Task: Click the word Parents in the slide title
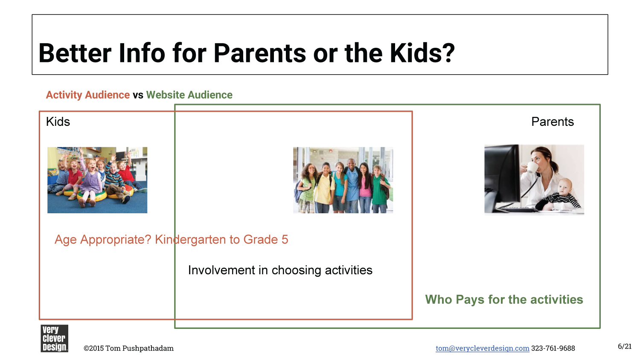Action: (260, 53)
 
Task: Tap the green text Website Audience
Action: (189, 95)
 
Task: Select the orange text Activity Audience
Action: (88, 95)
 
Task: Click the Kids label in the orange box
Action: (58, 122)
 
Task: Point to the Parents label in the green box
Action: (552, 122)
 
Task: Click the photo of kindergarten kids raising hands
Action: (97, 180)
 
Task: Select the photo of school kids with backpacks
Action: (343, 180)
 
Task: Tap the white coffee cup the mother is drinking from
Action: (532, 168)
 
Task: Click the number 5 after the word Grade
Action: (285, 239)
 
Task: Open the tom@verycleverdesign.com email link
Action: (482, 348)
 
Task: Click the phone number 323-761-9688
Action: (553, 348)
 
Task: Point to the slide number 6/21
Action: (625, 347)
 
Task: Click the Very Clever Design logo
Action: (54, 338)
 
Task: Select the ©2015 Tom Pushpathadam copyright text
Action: (128, 348)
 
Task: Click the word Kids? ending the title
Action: (422, 53)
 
